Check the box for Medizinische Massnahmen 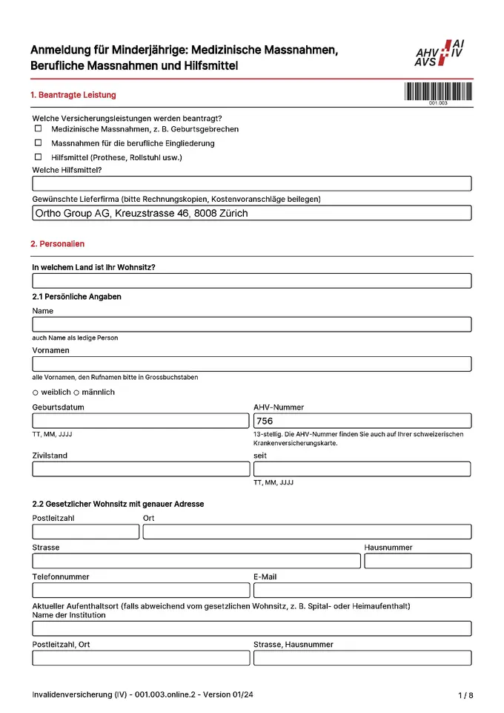[38, 128]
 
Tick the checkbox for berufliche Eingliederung [38, 142]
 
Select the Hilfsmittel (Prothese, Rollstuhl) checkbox [38, 157]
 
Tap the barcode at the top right [437, 92]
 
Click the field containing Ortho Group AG [252, 213]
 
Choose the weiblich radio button [36, 392]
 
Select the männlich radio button [76, 392]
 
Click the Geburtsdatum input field [141, 421]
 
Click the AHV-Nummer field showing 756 [362, 421]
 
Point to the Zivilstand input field [141, 469]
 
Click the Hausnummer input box [417, 561]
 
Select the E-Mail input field [362, 590]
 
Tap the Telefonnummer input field [141, 590]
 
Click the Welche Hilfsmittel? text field [252, 184]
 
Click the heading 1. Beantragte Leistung [73, 95]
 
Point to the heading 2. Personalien [58, 243]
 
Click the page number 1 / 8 [465, 695]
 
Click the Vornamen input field [252, 364]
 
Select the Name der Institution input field [252, 628]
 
